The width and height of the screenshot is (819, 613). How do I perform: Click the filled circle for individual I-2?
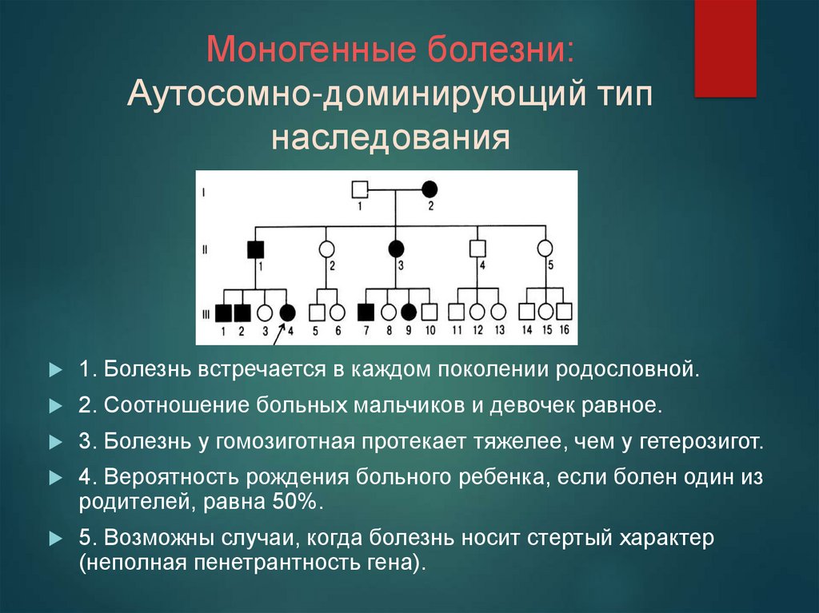point(429,189)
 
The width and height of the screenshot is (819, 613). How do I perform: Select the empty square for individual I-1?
point(360,189)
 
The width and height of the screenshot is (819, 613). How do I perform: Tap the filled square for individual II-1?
point(255,249)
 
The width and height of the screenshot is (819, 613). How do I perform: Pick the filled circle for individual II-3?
point(396,249)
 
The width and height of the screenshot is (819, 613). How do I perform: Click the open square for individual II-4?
point(477,249)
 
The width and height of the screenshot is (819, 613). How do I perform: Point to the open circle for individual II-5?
point(545,249)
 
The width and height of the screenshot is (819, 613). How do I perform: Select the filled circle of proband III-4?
point(287,312)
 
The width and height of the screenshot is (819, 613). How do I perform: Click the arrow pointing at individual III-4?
point(279,334)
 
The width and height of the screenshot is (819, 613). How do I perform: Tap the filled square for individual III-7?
point(366,312)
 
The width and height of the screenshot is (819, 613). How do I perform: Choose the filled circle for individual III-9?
point(409,312)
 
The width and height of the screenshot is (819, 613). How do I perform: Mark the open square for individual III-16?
point(564,312)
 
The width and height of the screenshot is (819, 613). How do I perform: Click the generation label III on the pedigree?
point(206,314)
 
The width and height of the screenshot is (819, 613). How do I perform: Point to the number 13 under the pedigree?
point(499,330)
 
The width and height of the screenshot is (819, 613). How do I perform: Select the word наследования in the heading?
point(390,137)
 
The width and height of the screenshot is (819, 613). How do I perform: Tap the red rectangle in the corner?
point(725,49)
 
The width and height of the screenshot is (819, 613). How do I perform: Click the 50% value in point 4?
point(294,502)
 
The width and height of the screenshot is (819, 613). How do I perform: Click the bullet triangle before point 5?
point(55,539)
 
